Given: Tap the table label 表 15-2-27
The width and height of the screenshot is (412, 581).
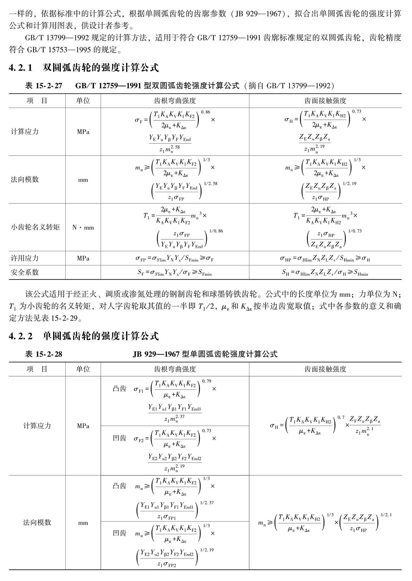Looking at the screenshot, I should click(x=44, y=86).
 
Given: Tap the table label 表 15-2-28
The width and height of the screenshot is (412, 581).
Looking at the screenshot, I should click(x=44, y=354).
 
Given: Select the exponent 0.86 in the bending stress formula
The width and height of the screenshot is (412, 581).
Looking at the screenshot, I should click(x=206, y=112).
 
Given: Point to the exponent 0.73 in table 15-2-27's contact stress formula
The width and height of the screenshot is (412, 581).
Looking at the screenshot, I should click(x=357, y=112).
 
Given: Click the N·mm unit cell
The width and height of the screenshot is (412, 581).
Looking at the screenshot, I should click(x=83, y=227).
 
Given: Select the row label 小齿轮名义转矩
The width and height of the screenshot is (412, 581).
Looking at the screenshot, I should click(x=35, y=227).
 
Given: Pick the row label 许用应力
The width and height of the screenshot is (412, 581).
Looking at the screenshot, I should click(x=25, y=258).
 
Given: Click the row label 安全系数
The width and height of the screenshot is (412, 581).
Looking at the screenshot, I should click(x=25, y=272).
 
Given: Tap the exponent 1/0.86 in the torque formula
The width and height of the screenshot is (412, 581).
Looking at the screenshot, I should click(x=216, y=231).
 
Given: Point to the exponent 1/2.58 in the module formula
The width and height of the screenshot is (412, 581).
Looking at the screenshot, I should click(x=211, y=184).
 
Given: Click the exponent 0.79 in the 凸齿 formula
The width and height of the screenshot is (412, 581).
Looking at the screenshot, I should click(x=206, y=381).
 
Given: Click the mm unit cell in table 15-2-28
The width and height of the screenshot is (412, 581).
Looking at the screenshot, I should click(x=83, y=523).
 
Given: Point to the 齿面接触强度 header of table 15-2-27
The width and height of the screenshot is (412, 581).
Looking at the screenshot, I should click(x=325, y=101).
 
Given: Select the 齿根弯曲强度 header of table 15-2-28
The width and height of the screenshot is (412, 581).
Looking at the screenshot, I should click(x=175, y=369).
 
